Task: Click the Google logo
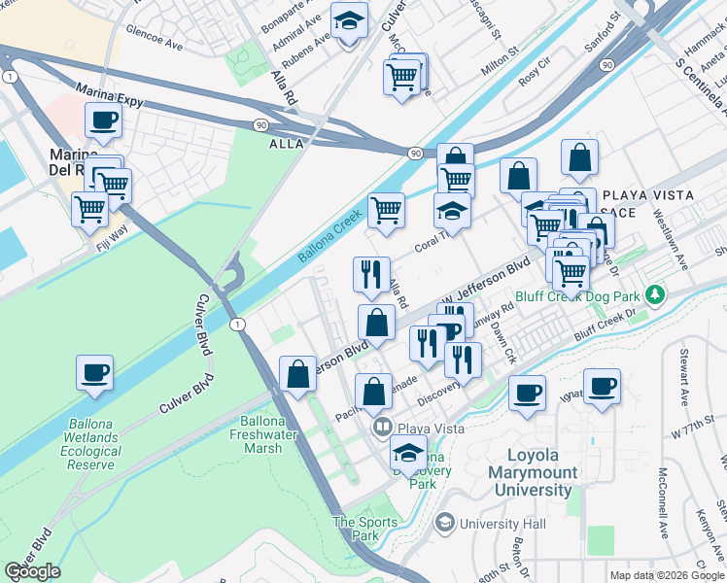click(x=32, y=571)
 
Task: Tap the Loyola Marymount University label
click(x=542, y=472)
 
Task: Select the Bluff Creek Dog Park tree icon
click(x=657, y=293)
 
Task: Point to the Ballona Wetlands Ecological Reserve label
click(x=93, y=444)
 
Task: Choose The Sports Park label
click(x=365, y=529)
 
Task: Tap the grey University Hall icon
click(x=445, y=524)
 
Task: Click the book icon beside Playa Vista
click(x=382, y=428)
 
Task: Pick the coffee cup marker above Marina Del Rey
click(x=102, y=120)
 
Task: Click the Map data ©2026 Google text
click(x=667, y=575)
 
